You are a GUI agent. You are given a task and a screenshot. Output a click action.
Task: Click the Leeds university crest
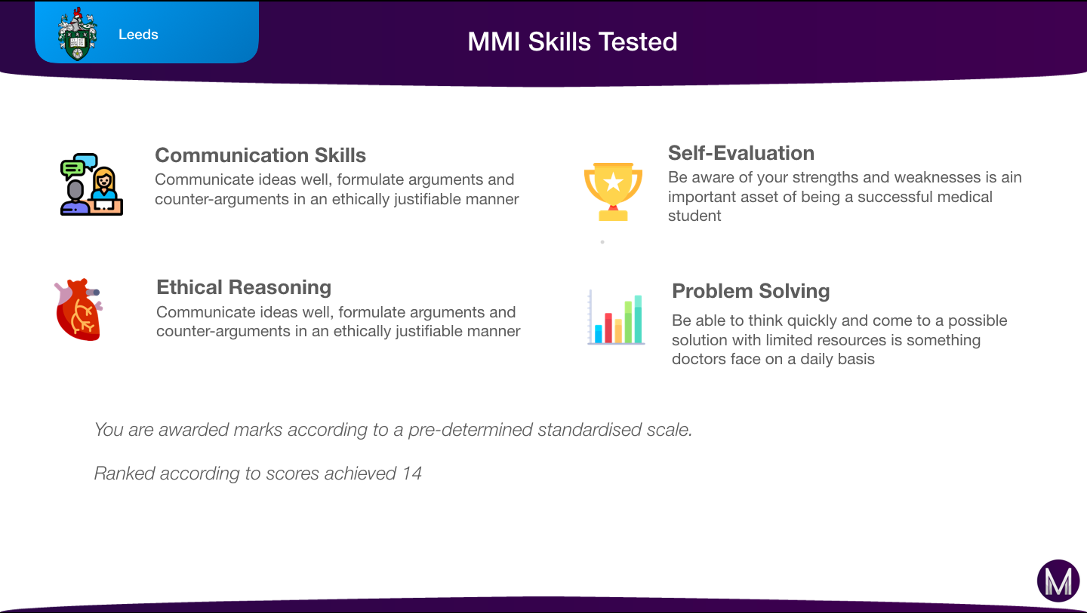click(77, 34)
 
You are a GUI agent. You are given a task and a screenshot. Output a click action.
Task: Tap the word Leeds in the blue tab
click(138, 35)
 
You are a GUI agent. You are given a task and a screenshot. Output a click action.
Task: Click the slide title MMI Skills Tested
click(572, 41)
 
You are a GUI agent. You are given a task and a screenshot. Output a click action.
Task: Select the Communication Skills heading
click(260, 155)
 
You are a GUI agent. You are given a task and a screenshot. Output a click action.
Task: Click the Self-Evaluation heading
click(741, 153)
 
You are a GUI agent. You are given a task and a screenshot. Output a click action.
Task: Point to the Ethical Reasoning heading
click(244, 287)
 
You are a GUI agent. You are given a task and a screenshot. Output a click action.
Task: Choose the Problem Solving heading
click(750, 291)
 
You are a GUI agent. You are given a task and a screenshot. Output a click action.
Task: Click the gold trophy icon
click(613, 192)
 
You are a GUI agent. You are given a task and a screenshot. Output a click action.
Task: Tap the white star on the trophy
click(614, 182)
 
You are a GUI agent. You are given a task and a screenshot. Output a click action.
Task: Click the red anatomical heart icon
click(79, 310)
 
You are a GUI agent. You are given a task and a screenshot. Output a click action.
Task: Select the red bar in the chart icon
click(608, 328)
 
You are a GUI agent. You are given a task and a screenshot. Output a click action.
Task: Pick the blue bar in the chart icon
click(599, 334)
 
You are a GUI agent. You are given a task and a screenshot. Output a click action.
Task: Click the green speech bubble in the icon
click(72, 169)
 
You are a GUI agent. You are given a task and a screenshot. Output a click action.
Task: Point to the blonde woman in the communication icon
click(104, 184)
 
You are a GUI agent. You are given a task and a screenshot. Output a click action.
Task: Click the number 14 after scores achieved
click(412, 474)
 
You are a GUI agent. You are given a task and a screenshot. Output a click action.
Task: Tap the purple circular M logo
click(1058, 581)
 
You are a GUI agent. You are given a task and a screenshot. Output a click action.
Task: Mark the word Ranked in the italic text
click(125, 474)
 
